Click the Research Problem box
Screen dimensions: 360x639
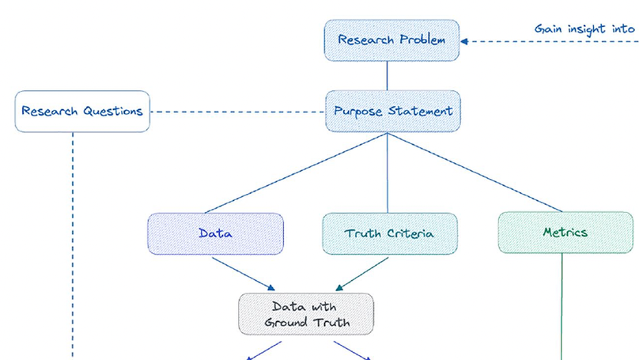coord(391,40)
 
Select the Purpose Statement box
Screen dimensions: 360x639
coord(392,112)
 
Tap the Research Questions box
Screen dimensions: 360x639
coord(82,112)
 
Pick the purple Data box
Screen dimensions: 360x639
coord(215,233)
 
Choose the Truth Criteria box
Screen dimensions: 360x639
coord(389,233)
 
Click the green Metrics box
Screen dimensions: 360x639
coord(565,233)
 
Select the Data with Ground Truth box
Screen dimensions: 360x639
coord(306,314)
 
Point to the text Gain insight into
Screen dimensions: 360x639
coord(584,29)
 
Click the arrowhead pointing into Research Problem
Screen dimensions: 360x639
coord(465,41)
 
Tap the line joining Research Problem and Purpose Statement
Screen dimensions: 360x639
coord(387,76)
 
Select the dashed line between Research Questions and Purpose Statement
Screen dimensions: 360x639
coord(237,112)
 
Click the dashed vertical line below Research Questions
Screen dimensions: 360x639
coord(73,237)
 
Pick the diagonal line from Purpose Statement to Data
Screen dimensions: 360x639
coord(297,172)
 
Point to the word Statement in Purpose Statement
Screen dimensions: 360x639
coord(421,112)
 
